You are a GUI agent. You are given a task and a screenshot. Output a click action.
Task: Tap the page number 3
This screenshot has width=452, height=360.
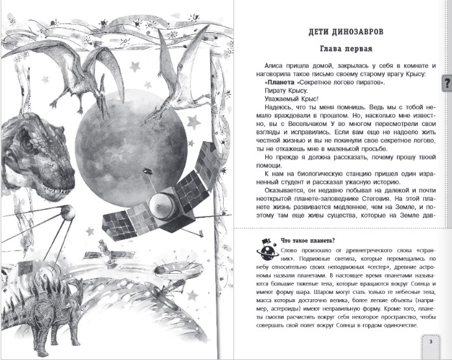(431, 342)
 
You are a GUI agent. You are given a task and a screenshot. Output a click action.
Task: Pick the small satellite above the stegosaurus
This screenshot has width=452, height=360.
(103, 249)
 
